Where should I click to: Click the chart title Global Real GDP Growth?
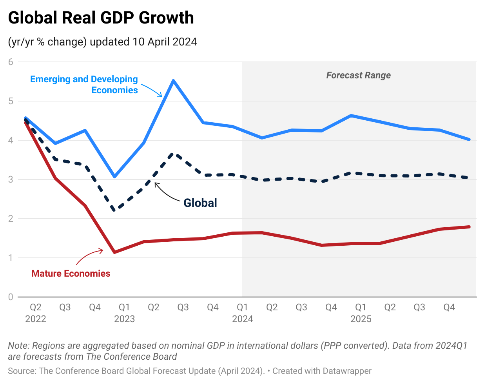pos(101,18)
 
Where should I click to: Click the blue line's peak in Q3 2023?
pos(173,81)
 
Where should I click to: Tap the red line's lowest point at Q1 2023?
pos(114,252)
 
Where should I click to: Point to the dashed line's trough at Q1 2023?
pos(114,210)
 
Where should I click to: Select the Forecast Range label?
pos(358,75)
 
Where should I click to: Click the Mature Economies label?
pos(71,274)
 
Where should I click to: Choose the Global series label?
pos(200,203)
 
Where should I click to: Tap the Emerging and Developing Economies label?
pos(84,85)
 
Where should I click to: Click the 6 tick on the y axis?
pos(11,62)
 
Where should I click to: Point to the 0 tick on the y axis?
pos(11,297)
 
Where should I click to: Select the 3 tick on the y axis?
pos(11,179)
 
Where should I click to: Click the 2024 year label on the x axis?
pos(242,319)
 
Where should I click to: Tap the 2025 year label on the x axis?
pos(361,319)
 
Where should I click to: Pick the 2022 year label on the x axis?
pos(36,319)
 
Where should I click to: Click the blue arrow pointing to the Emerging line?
pos(152,90)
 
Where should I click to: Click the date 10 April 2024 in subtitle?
pos(165,42)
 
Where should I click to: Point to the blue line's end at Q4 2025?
pos(469,139)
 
